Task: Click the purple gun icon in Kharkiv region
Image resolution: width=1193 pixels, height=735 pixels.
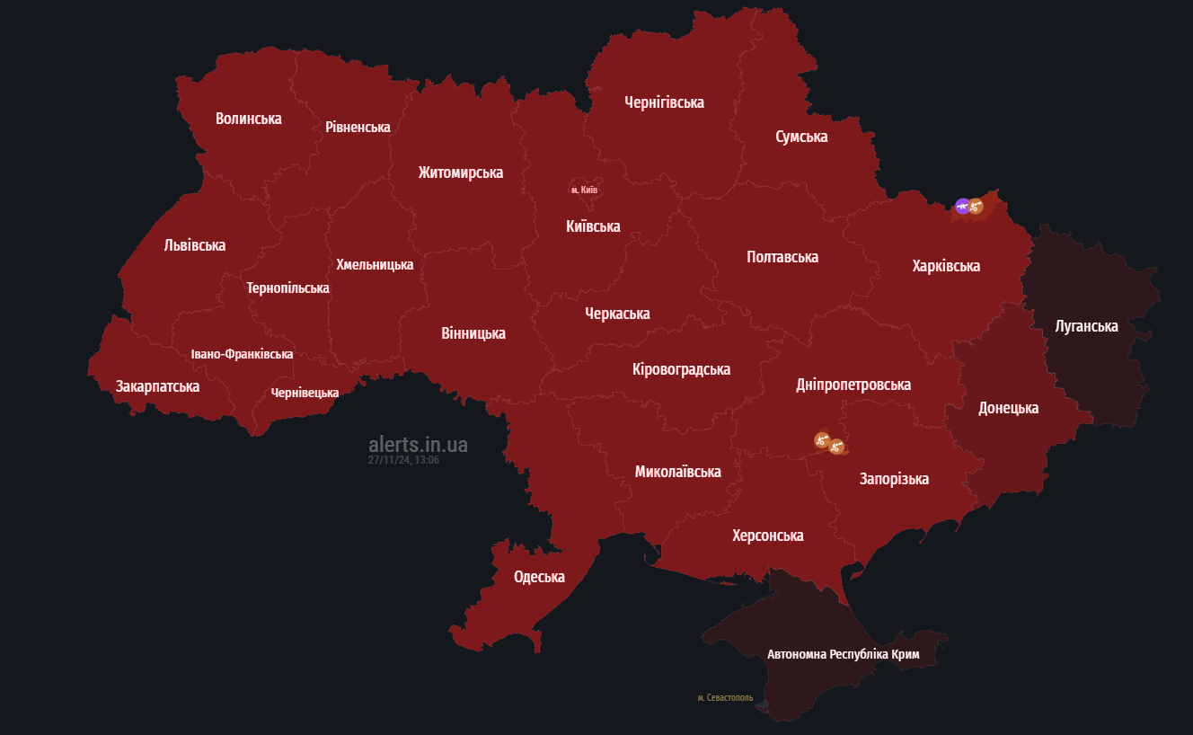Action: pyautogui.click(x=962, y=207)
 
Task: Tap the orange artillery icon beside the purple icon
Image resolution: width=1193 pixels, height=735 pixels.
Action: pyautogui.click(x=976, y=207)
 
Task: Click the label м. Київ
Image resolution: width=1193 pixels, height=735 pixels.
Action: pyautogui.click(x=584, y=190)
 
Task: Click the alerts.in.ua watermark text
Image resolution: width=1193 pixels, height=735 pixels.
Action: pyautogui.click(x=418, y=445)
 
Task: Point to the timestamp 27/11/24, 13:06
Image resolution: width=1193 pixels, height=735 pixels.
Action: pyautogui.click(x=403, y=460)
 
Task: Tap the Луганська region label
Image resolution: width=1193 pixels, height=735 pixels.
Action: pyautogui.click(x=1086, y=326)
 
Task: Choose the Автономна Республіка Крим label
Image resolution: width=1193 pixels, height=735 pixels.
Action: pyautogui.click(x=843, y=655)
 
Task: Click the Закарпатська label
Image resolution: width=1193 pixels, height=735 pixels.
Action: pyautogui.click(x=157, y=386)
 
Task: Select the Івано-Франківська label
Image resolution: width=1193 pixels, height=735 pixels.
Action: pyautogui.click(x=242, y=355)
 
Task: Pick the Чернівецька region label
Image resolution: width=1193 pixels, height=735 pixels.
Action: pyautogui.click(x=305, y=393)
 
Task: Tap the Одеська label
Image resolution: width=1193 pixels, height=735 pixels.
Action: pyautogui.click(x=539, y=577)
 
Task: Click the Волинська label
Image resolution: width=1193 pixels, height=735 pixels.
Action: pyautogui.click(x=249, y=119)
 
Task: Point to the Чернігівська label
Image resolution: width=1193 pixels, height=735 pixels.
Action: pyautogui.click(x=664, y=102)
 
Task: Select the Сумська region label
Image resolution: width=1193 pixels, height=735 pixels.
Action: pyautogui.click(x=801, y=137)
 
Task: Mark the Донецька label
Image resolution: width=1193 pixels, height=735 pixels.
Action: pyautogui.click(x=1008, y=408)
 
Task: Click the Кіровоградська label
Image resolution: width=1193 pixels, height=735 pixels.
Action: pyautogui.click(x=681, y=369)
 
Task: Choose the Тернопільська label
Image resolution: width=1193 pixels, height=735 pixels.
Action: pyautogui.click(x=287, y=288)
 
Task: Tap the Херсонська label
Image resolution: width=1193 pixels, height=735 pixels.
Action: pyautogui.click(x=767, y=536)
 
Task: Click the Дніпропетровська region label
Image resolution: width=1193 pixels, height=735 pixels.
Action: pyautogui.click(x=853, y=385)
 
